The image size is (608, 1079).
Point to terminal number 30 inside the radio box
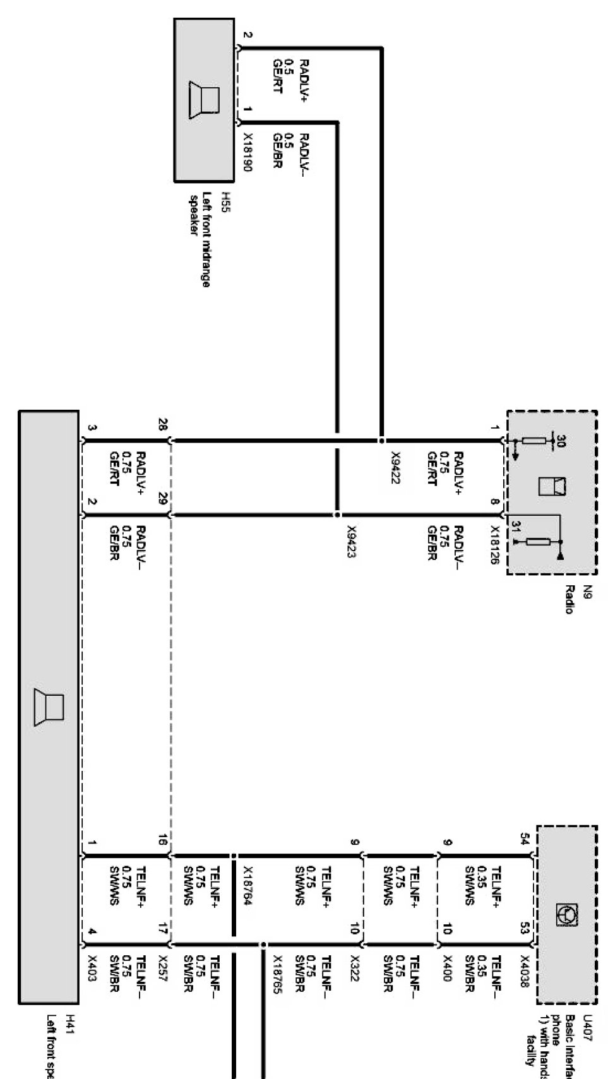561,442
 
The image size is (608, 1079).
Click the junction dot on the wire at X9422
381,439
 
